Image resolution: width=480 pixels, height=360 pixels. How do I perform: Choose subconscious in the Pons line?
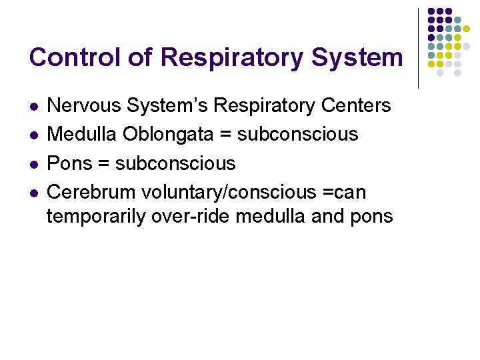175,163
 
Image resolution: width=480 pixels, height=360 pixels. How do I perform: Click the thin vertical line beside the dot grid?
418,48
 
